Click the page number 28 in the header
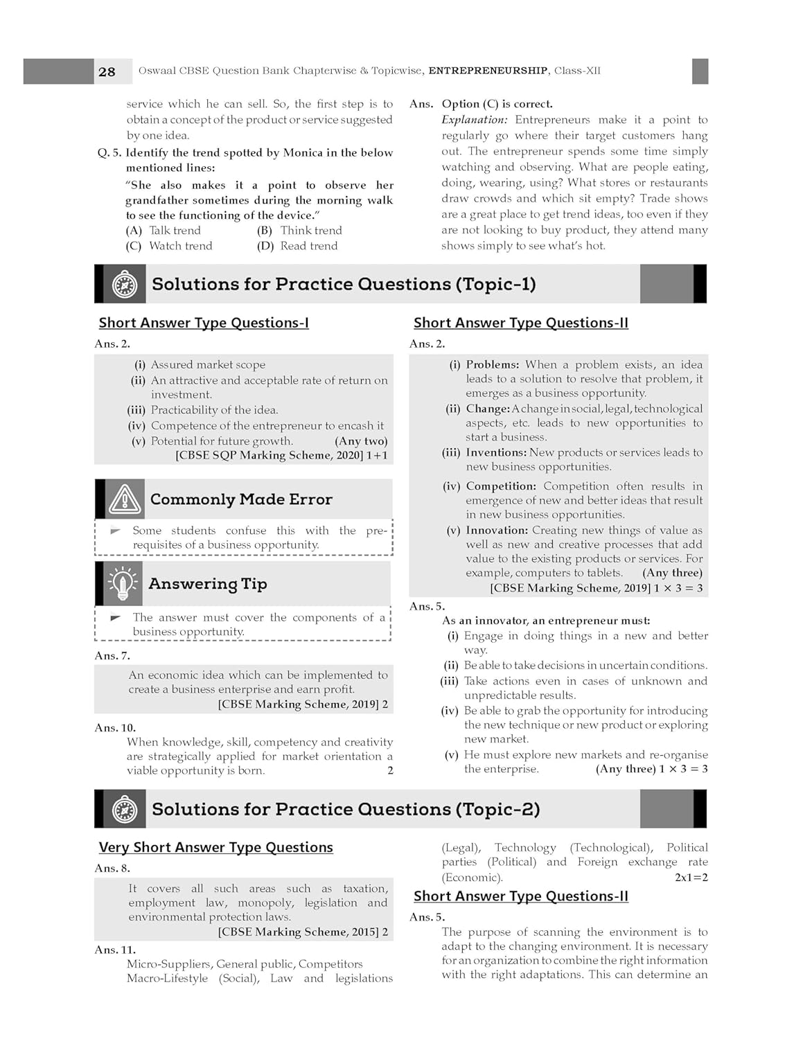tap(107, 71)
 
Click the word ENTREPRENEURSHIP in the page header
tap(488, 71)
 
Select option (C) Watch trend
tap(169, 246)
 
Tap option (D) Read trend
tap(297, 246)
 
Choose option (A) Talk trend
tap(164, 231)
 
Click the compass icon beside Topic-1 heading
tap(125, 284)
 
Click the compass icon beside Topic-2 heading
tap(125, 809)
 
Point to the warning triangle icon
tap(125, 499)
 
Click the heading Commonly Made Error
tap(241, 499)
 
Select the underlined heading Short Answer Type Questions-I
tap(204, 323)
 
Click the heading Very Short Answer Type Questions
tap(215, 847)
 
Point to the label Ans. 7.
tap(112, 655)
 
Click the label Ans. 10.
tap(115, 727)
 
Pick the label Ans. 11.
tap(115, 950)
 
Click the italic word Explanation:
tap(475, 120)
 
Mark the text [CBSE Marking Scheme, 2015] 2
tap(303, 932)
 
